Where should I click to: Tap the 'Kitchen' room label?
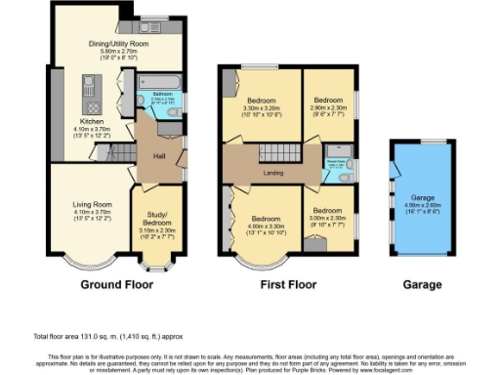(91, 121)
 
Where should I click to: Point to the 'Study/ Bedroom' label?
(156, 219)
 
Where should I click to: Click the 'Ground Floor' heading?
(110, 287)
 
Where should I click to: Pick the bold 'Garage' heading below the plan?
(422, 287)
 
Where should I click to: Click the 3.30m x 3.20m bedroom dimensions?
(263, 109)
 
